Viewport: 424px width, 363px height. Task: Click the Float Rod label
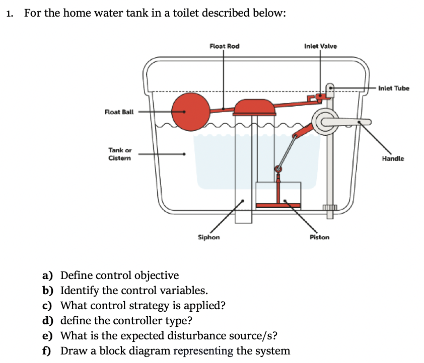224,46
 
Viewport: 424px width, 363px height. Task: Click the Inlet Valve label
321,46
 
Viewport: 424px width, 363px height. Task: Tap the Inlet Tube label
394,88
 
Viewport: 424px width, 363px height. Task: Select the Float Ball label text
119,112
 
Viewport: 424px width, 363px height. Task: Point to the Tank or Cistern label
119,154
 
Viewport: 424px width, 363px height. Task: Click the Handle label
393,158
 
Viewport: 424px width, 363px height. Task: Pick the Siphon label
208,237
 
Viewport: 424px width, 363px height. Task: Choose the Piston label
320,237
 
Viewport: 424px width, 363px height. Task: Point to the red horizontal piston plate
278,205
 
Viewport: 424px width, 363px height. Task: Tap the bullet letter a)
48,276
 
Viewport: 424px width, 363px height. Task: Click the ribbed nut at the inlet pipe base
329,208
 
